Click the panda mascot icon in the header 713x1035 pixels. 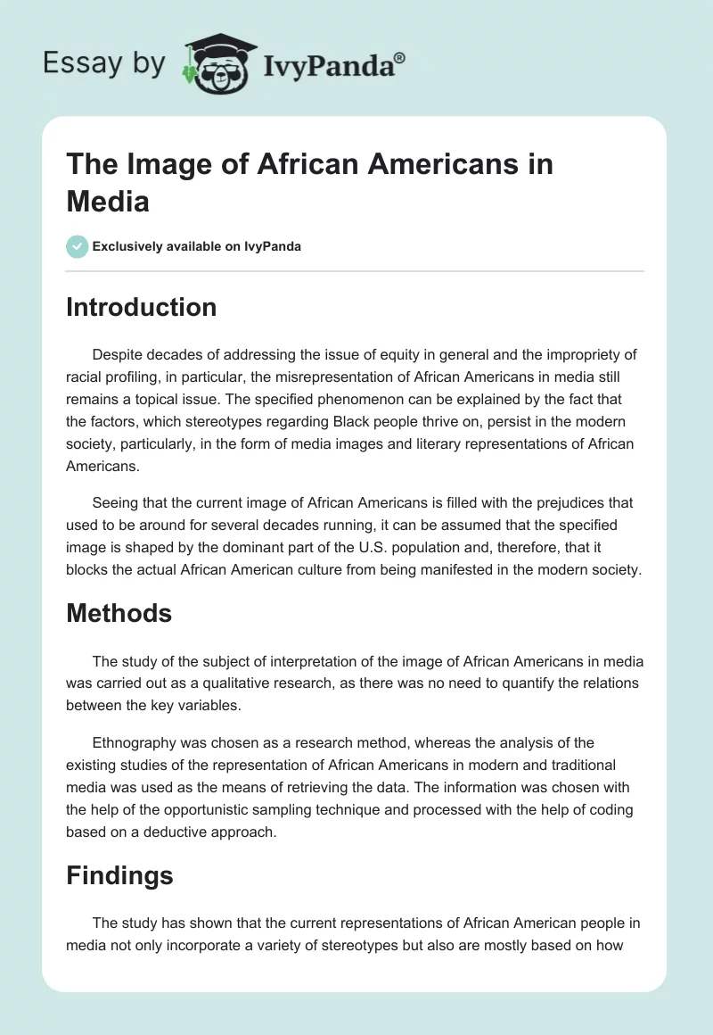tap(218, 63)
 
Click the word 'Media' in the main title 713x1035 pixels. tap(107, 202)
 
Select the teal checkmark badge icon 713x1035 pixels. tap(78, 246)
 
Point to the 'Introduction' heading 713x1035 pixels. tap(141, 307)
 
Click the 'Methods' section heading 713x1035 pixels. tap(119, 613)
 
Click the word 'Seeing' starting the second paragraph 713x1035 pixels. tap(114, 503)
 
